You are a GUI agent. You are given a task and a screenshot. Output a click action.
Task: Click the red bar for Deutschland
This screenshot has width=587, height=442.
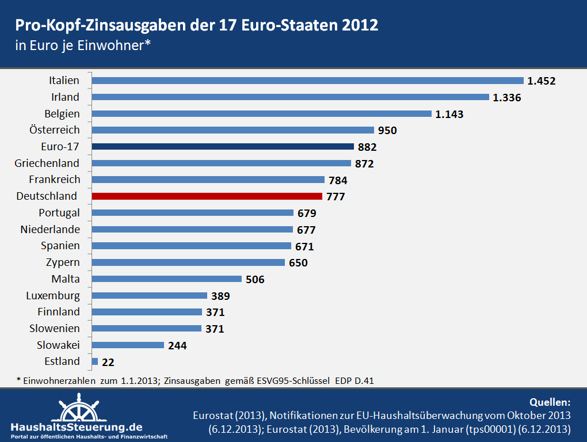[207, 196]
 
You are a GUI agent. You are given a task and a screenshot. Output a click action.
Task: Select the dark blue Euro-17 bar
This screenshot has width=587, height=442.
[223, 147]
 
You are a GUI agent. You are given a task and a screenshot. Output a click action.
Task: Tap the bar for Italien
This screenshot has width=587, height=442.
[307, 81]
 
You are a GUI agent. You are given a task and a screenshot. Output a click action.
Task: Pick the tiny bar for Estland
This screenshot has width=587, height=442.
[95, 361]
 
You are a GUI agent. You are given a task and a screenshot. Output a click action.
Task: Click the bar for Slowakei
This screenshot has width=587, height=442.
[128, 345]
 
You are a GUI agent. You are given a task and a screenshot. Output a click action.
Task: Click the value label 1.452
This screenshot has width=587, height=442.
[542, 81]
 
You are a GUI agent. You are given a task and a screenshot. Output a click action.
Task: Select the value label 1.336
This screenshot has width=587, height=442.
[507, 98]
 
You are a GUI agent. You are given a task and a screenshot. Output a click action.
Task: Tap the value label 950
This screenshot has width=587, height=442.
[387, 131]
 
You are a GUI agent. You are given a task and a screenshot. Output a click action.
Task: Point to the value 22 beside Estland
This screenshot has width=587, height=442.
[108, 363]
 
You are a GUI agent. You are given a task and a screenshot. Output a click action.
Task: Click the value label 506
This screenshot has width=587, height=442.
[255, 280]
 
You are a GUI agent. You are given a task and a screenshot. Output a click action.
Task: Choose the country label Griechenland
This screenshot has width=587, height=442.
[47, 163]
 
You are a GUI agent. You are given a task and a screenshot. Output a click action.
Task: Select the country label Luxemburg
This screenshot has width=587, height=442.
[53, 296]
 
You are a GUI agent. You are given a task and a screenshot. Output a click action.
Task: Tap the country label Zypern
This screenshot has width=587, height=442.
[63, 262]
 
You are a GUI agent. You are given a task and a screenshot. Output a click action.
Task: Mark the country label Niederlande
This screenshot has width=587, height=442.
[50, 230]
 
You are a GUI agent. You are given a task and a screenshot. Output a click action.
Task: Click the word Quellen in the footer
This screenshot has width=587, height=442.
[549, 402]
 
